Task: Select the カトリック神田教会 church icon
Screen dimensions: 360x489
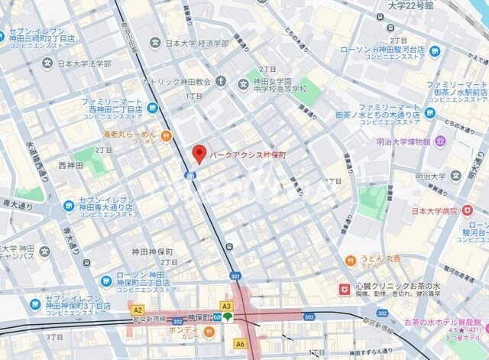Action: coord(221,81)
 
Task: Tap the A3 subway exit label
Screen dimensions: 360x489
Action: coord(226,306)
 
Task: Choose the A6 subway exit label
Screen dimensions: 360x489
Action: coord(240,344)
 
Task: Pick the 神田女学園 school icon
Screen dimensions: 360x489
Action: coord(257,81)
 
